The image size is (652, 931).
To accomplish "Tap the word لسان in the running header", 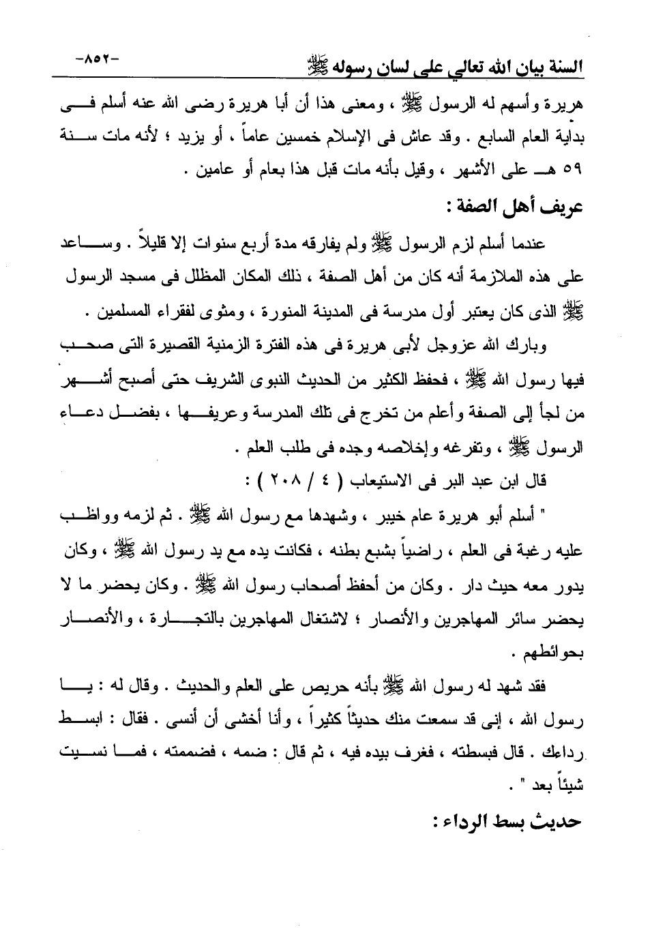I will click(398, 66).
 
